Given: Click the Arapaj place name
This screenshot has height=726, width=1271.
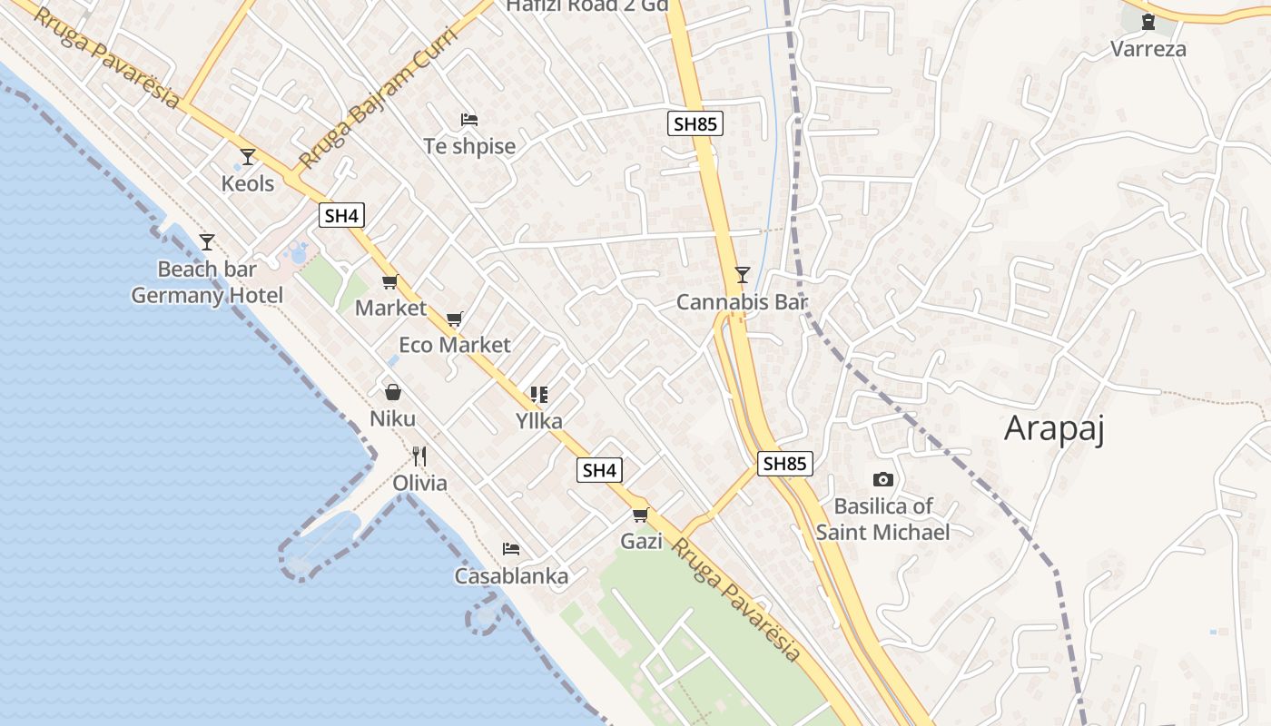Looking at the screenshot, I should coord(1054,428).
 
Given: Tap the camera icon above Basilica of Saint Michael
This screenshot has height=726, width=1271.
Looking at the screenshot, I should coord(882,479).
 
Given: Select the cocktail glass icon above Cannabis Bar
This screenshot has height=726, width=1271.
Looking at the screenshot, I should coord(743,274).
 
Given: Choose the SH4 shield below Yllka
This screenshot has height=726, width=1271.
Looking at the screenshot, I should coord(599,470).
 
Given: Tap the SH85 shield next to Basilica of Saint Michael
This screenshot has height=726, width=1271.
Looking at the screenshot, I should coord(784,464).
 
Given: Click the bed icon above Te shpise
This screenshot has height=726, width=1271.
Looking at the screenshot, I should coord(469,120).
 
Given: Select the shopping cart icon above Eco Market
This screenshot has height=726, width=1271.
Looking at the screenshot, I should coord(455,319).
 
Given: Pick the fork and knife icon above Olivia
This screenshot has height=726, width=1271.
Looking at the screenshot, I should coord(419,456).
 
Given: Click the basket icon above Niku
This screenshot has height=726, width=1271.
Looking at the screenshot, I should coord(393,392).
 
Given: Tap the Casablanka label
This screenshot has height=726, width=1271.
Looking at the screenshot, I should coord(511,576).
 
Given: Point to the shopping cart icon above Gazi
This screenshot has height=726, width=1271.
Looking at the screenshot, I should coord(641,515).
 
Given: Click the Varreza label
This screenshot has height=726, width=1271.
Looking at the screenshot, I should coord(1148,49).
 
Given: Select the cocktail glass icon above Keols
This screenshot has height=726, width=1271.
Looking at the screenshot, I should coord(248,157).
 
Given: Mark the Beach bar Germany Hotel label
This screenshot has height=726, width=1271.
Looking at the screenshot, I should coord(207,282).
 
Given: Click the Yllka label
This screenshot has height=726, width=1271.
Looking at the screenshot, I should coord(539,421).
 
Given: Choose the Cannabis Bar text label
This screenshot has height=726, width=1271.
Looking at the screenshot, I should coord(742,302).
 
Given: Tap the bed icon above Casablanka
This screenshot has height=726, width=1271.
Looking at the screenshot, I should coord(511,549).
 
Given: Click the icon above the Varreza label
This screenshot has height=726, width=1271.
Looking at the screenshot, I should coord(1148,22).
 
